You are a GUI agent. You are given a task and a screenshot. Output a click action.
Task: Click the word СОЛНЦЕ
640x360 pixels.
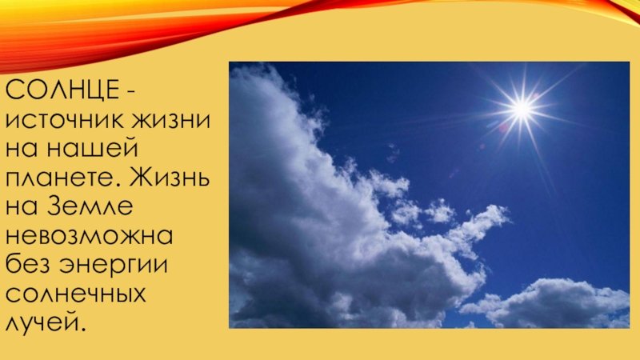tap(62, 90)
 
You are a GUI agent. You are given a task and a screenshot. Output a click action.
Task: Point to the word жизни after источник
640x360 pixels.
tap(171, 121)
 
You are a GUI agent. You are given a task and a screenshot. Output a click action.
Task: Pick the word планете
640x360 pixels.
tap(62, 178)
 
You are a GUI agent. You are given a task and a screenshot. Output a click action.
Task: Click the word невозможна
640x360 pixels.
tap(90, 236)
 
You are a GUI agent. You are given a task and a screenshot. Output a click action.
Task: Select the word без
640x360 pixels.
tap(30, 264)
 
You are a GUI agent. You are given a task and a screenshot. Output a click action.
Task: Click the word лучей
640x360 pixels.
tap(42, 322)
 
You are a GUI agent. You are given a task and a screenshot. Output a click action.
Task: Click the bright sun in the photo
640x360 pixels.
tap(522, 109)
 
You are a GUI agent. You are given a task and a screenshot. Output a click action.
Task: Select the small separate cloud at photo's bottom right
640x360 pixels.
tap(547, 303)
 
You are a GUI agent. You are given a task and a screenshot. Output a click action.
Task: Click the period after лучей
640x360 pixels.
tap(83, 330)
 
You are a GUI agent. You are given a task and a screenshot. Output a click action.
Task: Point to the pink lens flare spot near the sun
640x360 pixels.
tap(504, 128)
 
